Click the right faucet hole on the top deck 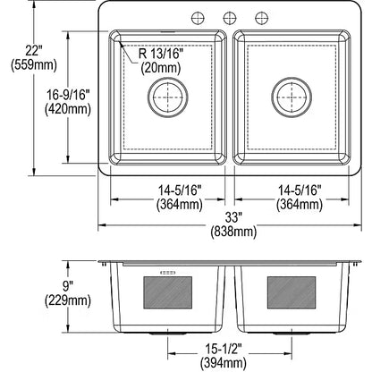pyautogui.click(x=260, y=18)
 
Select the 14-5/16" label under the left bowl pyautogui.click(x=170, y=191)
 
